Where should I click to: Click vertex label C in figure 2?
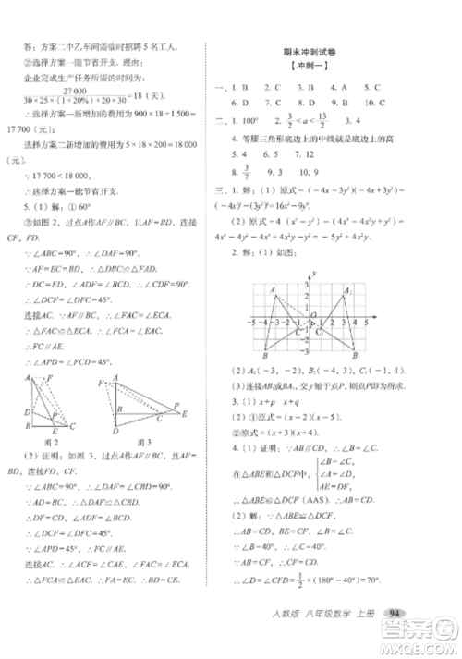click(x=73, y=425)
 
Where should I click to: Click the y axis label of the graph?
click(x=314, y=274)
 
